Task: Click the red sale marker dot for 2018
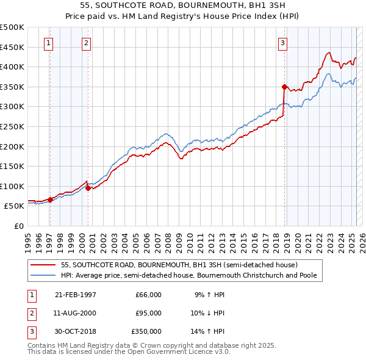284,87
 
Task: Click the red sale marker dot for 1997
50,200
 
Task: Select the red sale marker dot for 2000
88,188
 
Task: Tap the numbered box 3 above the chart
283,43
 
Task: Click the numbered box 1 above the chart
48,43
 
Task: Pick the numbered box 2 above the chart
87,43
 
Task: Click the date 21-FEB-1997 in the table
75,295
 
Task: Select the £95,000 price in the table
148,313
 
